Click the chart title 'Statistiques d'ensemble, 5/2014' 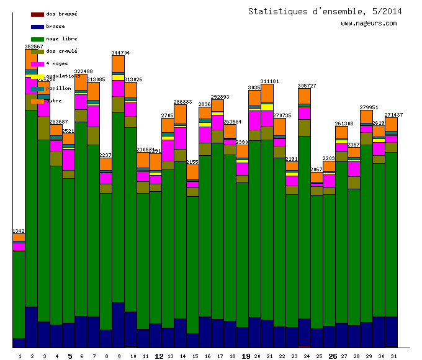point(325,11)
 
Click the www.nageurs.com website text point(369,24)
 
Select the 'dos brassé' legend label point(61,14)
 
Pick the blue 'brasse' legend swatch point(37,27)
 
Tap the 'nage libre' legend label point(61,38)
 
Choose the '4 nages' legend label point(57,63)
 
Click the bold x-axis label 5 point(70,356)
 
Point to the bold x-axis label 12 point(159,356)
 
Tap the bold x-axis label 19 point(246,356)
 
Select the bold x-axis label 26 point(333,356)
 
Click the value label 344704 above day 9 point(120,53)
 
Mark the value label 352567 point(34,47)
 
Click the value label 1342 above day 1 point(19,231)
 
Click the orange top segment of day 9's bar point(118,64)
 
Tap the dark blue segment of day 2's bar point(31,326)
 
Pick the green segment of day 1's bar point(19,294)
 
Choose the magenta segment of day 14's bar point(180,138)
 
